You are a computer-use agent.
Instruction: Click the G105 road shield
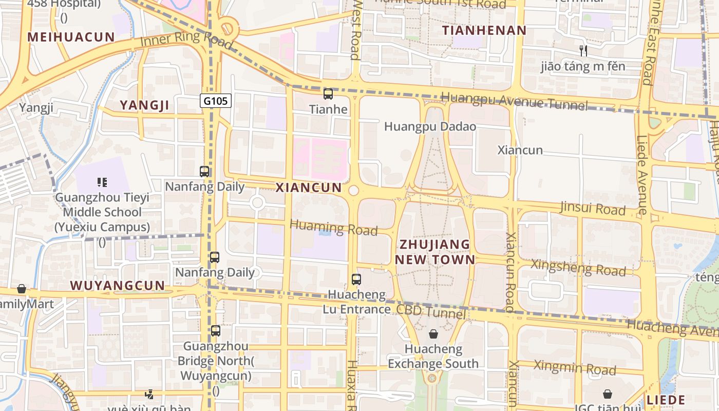click(x=216, y=101)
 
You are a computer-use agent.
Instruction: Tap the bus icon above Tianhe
click(x=328, y=94)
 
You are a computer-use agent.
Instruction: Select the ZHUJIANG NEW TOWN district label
click(x=435, y=252)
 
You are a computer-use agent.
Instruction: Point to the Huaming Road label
click(x=334, y=228)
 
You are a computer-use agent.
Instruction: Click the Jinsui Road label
click(x=593, y=208)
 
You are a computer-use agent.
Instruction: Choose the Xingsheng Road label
click(x=578, y=267)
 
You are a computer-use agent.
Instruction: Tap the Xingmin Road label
click(x=575, y=367)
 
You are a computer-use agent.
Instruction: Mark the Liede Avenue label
click(x=642, y=175)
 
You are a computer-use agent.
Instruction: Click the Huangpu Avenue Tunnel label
click(x=514, y=101)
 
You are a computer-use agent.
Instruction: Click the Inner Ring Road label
click(x=186, y=41)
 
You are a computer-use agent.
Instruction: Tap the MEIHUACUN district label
click(x=71, y=37)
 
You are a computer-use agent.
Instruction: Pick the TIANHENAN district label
click(x=484, y=30)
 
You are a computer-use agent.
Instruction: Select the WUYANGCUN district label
click(x=118, y=286)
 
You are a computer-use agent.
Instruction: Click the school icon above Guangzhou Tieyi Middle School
click(x=102, y=182)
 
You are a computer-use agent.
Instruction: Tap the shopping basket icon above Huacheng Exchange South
click(x=433, y=334)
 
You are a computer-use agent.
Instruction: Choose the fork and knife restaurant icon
click(x=583, y=50)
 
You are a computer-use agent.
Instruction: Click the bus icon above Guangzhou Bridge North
click(x=216, y=331)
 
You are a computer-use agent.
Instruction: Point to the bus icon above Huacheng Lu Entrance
click(x=356, y=279)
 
